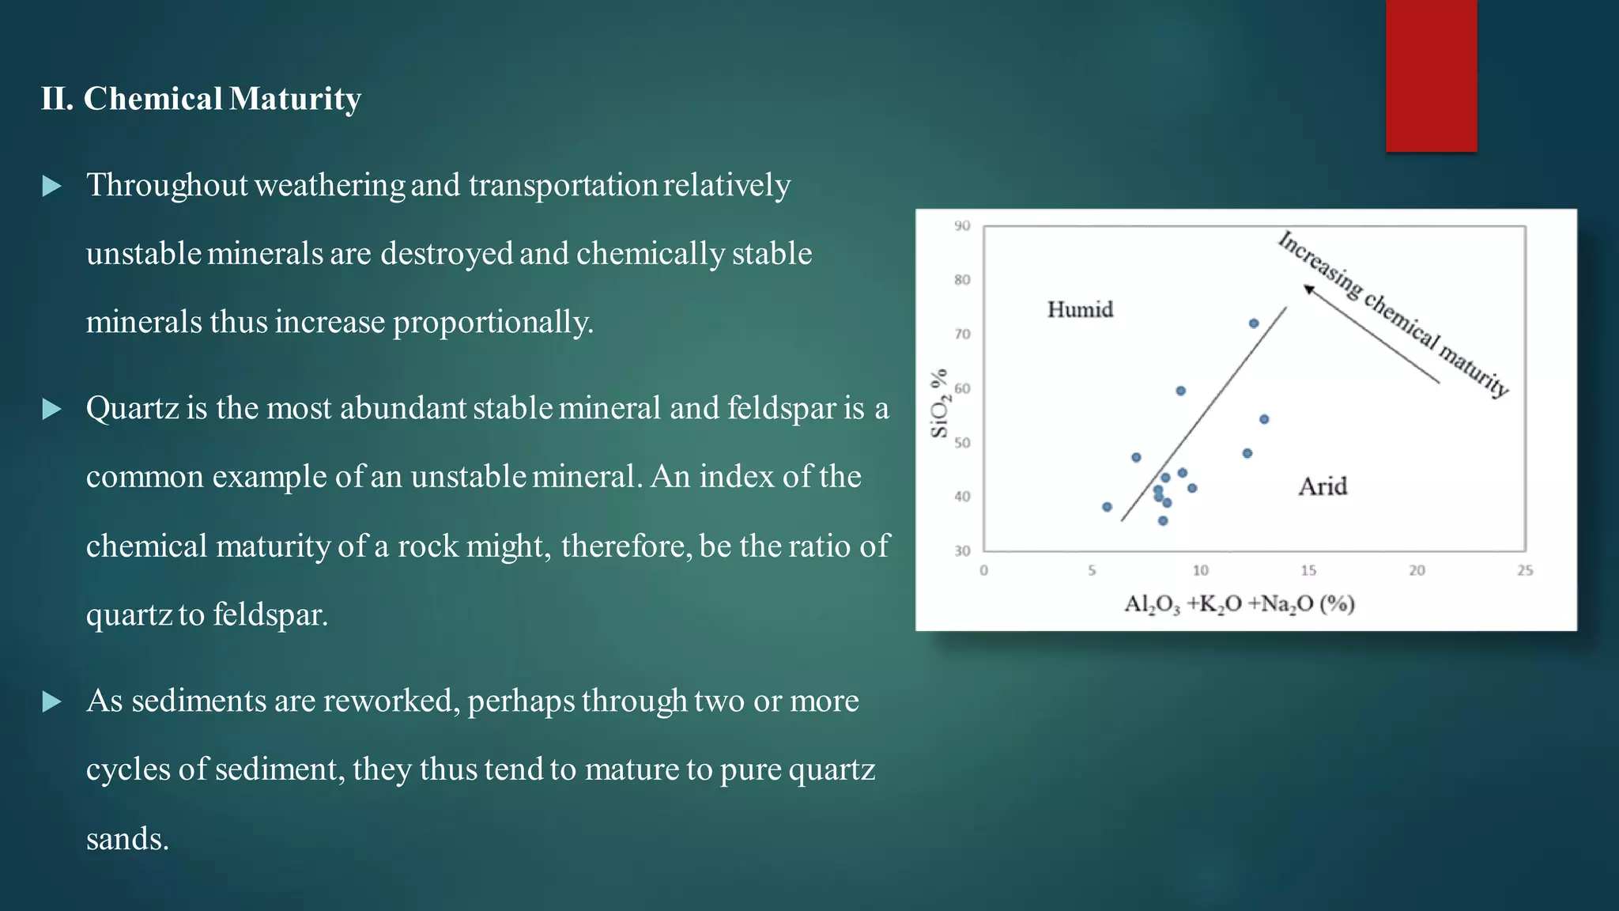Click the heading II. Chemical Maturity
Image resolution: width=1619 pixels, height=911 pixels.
click(x=201, y=99)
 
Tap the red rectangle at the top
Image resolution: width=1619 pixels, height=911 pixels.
click(x=1431, y=75)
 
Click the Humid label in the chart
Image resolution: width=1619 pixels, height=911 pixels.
click(x=1080, y=309)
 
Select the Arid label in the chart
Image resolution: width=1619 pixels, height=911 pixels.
click(x=1323, y=486)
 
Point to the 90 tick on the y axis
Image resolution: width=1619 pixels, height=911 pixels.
click(x=961, y=226)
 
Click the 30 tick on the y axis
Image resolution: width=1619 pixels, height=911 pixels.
click(x=961, y=551)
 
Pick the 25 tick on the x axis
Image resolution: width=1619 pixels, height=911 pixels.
click(x=1525, y=570)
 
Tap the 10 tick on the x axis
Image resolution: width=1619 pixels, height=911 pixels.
click(x=1200, y=570)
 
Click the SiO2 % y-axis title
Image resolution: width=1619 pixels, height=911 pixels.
click(x=939, y=403)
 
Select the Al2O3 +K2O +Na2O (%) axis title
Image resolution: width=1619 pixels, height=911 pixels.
click(x=1239, y=604)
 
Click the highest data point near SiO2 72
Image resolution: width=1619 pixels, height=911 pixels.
click(x=1254, y=323)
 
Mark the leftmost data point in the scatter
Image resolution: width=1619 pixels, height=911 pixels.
click(x=1107, y=507)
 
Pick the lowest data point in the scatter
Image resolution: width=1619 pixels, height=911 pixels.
click(x=1163, y=520)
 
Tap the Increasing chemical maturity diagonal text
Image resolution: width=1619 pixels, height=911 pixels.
click(x=1394, y=314)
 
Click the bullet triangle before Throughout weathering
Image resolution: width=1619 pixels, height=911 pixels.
click(x=51, y=187)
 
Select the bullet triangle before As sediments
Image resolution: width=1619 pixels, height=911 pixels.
click(x=51, y=701)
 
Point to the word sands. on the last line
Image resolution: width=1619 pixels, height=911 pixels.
click(x=127, y=839)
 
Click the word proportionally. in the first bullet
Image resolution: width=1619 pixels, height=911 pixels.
click(x=492, y=323)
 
